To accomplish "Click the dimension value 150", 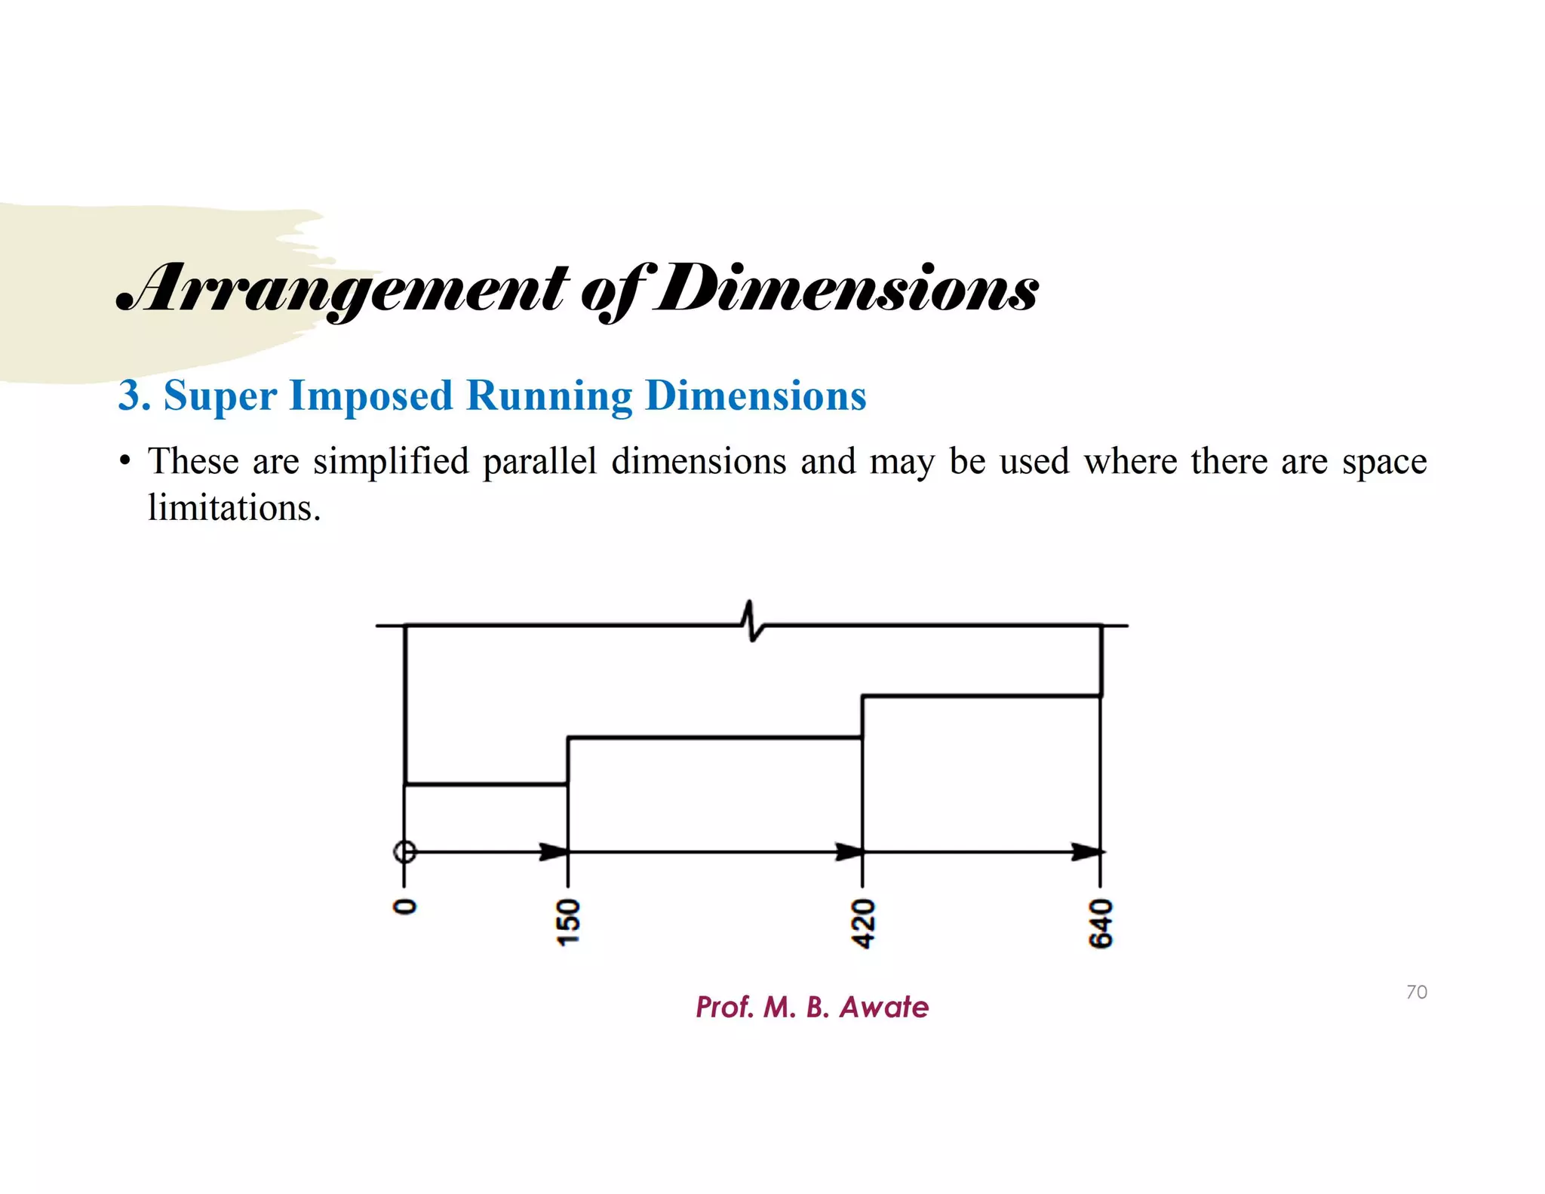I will [x=568, y=922].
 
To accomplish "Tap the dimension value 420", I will [x=863, y=923].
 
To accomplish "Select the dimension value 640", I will [x=1101, y=923].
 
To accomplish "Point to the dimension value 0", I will [x=405, y=906].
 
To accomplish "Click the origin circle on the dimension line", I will [x=405, y=852].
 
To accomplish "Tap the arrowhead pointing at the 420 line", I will [x=849, y=852].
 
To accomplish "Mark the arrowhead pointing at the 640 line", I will [x=1087, y=852].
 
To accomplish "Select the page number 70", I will [x=1416, y=992].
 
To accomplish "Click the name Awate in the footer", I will [x=883, y=1007].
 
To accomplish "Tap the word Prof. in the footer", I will [x=724, y=1007].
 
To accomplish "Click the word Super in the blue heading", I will [x=220, y=395].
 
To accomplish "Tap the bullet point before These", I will [x=125, y=460].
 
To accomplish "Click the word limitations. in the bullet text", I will [x=234, y=507].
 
